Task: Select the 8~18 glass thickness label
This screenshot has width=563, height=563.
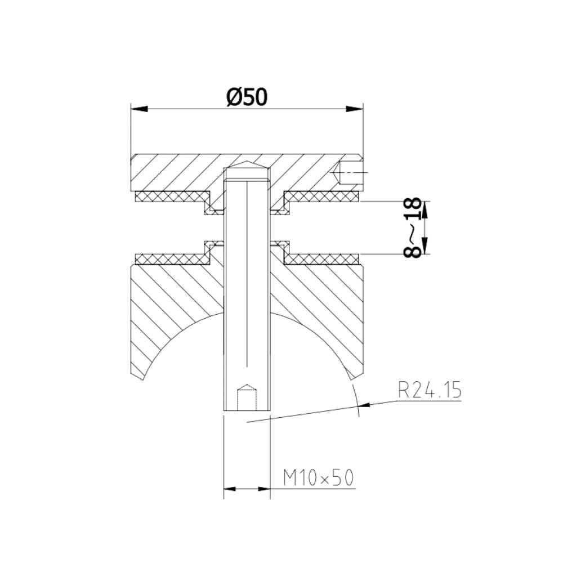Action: [x=414, y=227]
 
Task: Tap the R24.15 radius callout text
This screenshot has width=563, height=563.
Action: [x=429, y=390]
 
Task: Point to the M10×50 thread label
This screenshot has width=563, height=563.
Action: [x=318, y=478]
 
